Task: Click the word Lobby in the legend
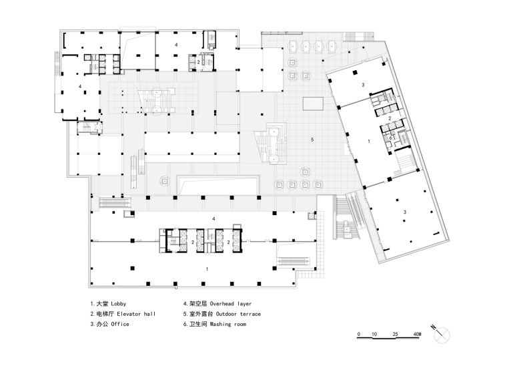118,304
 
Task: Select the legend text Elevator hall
136,314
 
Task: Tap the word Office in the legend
120,324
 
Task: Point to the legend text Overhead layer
231,304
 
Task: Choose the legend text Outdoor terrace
238,314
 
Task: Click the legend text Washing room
228,324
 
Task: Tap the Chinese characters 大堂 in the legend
102,304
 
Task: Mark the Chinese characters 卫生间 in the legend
198,324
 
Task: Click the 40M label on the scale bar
417,334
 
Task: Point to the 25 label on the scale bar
395,334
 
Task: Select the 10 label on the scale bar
374,334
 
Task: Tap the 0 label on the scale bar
359,334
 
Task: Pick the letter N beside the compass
433,327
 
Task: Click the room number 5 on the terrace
312,140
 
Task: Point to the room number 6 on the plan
390,138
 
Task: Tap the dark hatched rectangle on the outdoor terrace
313,104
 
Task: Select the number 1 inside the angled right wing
369,141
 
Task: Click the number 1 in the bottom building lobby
207,269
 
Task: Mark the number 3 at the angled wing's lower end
405,212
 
